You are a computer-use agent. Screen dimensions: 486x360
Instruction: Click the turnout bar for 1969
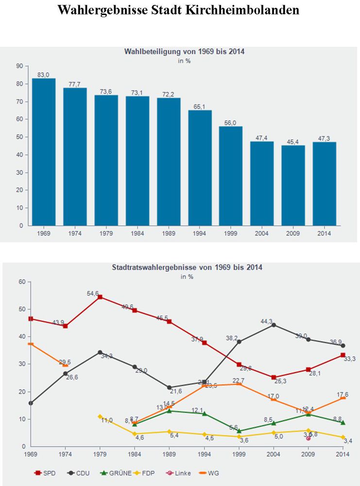[44, 152]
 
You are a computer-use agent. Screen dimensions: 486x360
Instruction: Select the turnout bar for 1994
[200, 168]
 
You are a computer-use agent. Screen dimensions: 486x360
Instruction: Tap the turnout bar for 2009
[293, 185]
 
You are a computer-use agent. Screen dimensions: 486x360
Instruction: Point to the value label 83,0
[44, 74]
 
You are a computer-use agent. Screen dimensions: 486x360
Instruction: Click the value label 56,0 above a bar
[231, 122]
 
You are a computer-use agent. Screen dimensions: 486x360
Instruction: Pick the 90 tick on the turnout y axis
[19, 66]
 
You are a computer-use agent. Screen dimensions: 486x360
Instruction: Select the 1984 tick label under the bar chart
[137, 233]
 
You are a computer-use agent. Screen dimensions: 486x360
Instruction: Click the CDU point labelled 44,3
[274, 325]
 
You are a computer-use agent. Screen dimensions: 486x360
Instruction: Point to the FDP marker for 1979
[100, 417]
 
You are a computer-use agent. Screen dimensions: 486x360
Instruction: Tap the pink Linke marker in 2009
[308, 438]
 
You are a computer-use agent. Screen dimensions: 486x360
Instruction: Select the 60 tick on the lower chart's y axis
[21, 282]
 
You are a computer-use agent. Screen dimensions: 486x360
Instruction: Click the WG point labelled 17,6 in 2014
[343, 398]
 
